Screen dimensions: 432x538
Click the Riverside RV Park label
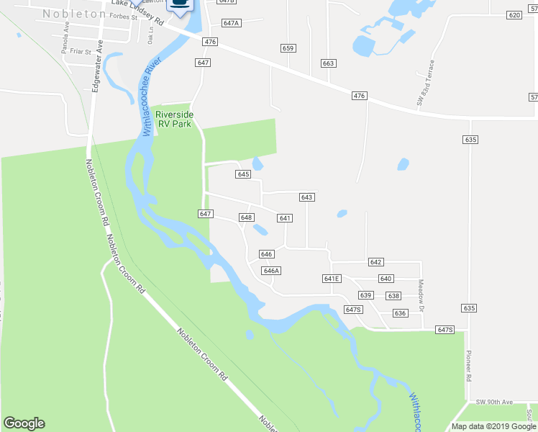coord(175,118)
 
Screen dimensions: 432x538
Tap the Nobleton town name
coord(76,14)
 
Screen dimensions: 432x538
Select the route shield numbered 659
coord(288,48)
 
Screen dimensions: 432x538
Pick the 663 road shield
coord(329,63)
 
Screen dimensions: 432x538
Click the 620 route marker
coord(514,15)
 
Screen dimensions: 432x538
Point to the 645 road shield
coord(242,174)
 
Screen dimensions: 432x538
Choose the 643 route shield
coord(307,197)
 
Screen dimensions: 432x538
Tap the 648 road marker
coord(246,217)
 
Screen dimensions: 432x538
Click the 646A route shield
coord(270,271)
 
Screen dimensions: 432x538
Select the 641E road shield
coord(331,279)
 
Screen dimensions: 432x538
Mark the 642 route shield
coord(375,263)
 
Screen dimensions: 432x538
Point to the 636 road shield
coord(401,313)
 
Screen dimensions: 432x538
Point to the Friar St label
coord(78,52)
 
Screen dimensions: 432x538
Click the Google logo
coord(24,423)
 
